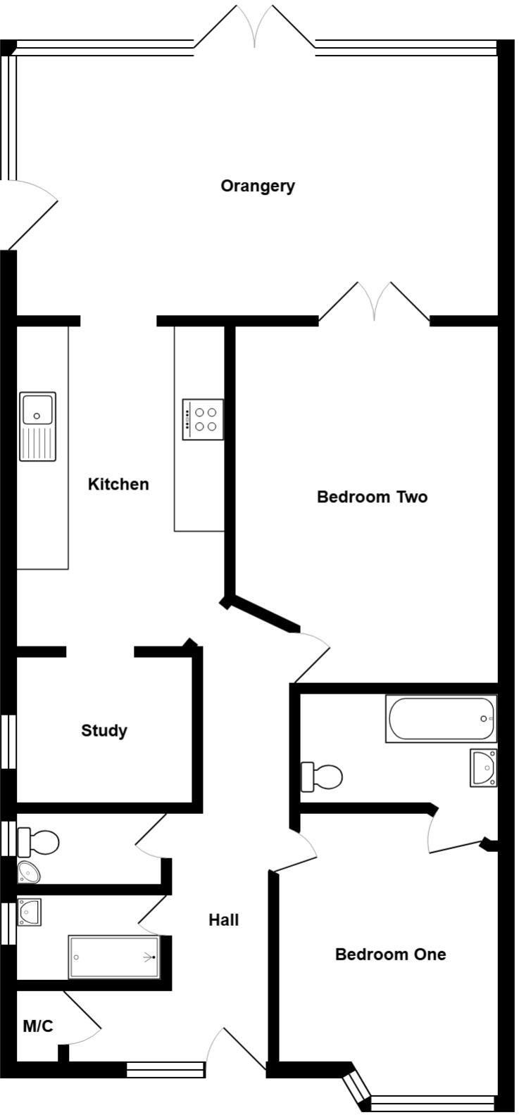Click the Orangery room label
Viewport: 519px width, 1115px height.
(x=257, y=186)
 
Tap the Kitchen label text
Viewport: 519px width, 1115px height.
(x=118, y=484)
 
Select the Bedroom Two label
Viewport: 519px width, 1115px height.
(x=372, y=497)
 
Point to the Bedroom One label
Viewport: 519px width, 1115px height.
(x=390, y=954)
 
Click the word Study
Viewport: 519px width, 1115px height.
(x=104, y=730)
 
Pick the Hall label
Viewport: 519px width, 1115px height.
(x=223, y=919)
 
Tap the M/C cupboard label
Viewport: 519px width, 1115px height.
(x=38, y=1026)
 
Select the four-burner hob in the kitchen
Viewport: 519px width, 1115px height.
(x=203, y=419)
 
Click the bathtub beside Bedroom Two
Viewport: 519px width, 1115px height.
(x=441, y=718)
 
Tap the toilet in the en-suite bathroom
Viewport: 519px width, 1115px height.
(x=322, y=777)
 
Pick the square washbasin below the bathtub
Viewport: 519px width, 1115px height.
(x=484, y=767)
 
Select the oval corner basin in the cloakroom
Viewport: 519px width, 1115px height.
(x=29, y=872)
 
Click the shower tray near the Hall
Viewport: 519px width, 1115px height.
(x=114, y=957)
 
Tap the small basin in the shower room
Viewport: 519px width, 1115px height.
(x=30, y=912)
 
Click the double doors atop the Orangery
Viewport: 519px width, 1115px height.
(x=255, y=28)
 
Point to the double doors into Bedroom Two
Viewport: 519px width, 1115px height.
(x=375, y=302)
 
